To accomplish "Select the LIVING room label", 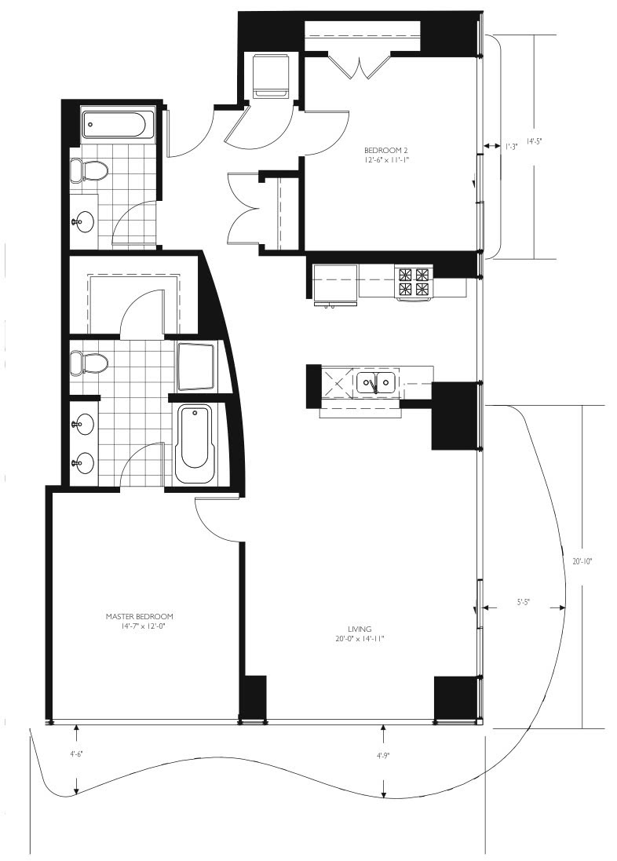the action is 360,629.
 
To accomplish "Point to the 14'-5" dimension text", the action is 535,141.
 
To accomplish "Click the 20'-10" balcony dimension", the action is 582,561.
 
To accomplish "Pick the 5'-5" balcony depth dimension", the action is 523,602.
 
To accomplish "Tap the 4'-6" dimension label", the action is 76,754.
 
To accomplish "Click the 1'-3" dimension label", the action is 512,147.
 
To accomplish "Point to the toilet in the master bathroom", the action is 88,363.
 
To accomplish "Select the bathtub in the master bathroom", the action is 195,443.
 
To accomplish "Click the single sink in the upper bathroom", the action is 83,222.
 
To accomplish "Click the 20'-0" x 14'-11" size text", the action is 360,639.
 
